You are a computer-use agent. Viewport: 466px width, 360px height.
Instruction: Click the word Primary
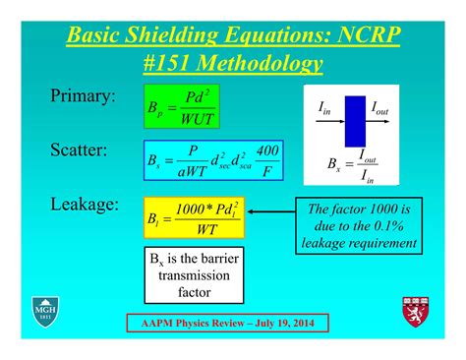pos(83,96)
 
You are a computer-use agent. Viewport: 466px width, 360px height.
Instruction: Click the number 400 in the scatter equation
pos(265,150)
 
